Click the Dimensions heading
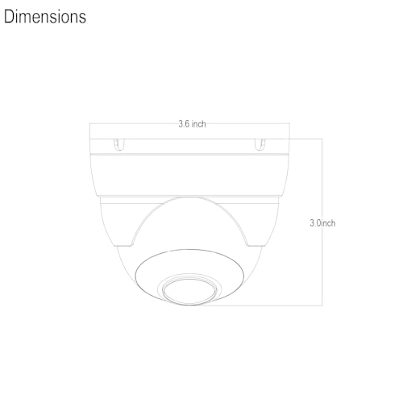click(x=45, y=17)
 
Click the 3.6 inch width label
click(x=192, y=124)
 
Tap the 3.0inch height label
click(x=322, y=223)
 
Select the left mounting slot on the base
click(x=119, y=144)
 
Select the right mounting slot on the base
click(x=260, y=144)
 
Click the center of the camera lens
click(x=190, y=292)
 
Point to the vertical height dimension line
click(x=322, y=222)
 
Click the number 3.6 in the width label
click(x=184, y=124)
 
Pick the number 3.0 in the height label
click(x=315, y=223)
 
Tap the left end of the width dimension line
click(x=89, y=123)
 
